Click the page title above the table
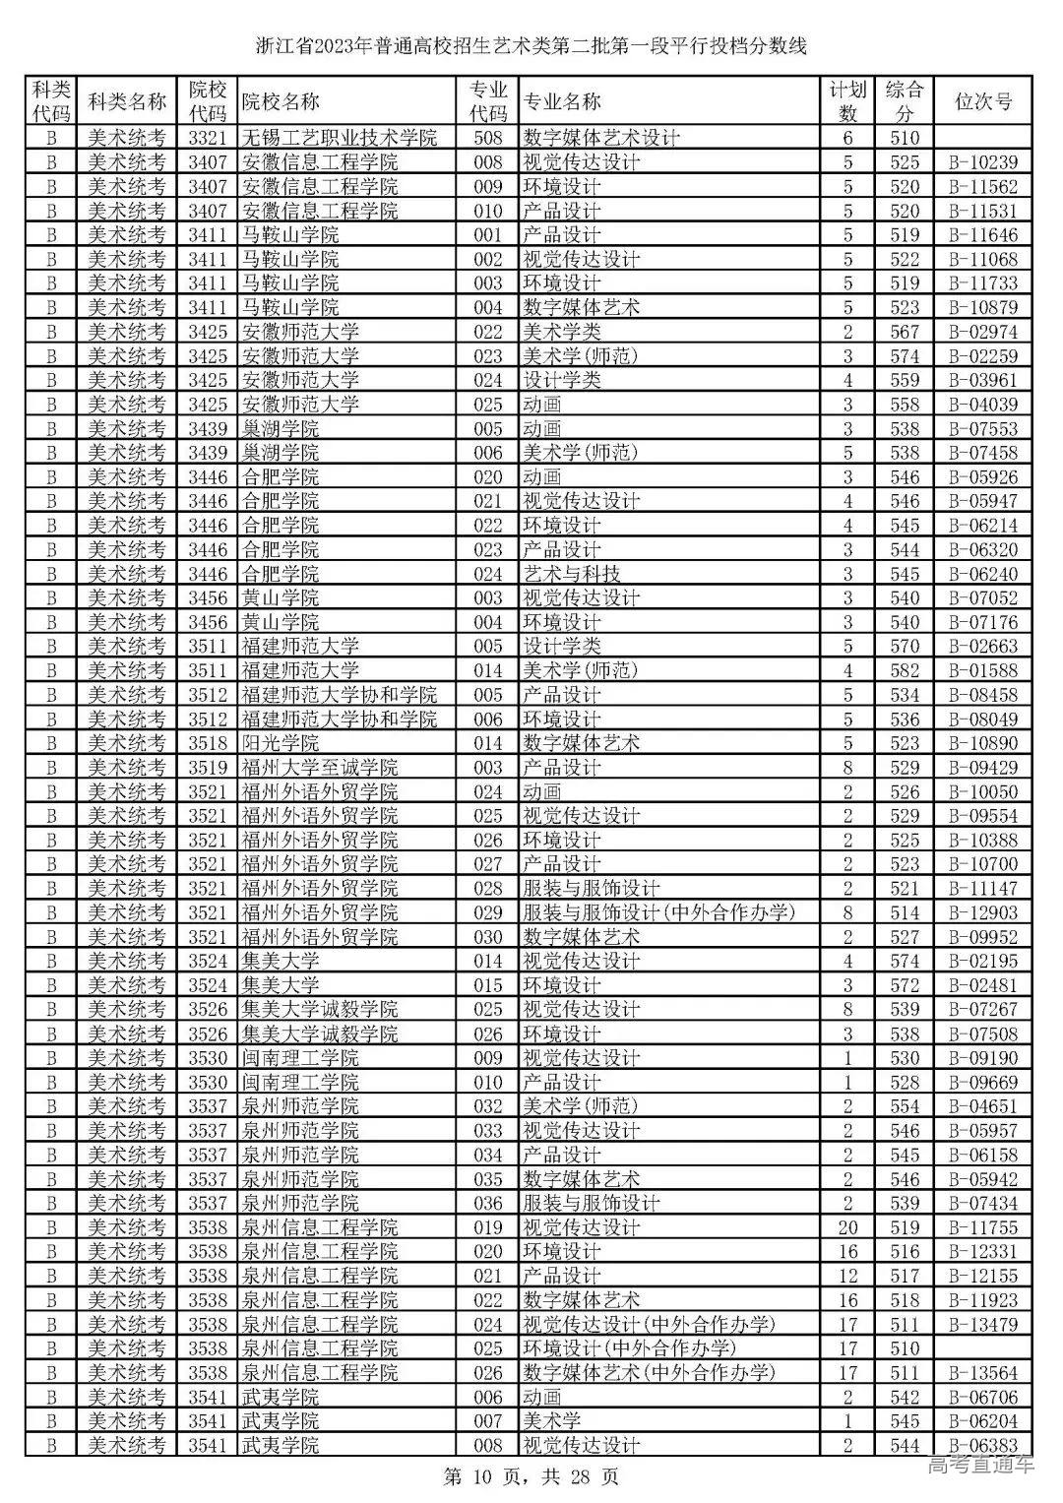(x=531, y=46)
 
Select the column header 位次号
(x=982, y=101)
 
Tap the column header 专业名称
(x=561, y=101)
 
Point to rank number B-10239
(x=982, y=162)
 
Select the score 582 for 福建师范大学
(x=904, y=671)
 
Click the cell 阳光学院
(x=281, y=743)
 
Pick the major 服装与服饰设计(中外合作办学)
(x=658, y=912)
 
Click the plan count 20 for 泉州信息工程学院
(x=847, y=1227)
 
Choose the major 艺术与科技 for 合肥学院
(x=571, y=574)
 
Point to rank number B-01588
(x=982, y=671)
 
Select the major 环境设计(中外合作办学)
(x=629, y=1348)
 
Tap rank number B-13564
(x=982, y=1373)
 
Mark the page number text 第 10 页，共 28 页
(x=531, y=1476)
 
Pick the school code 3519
(x=208, y=768)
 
